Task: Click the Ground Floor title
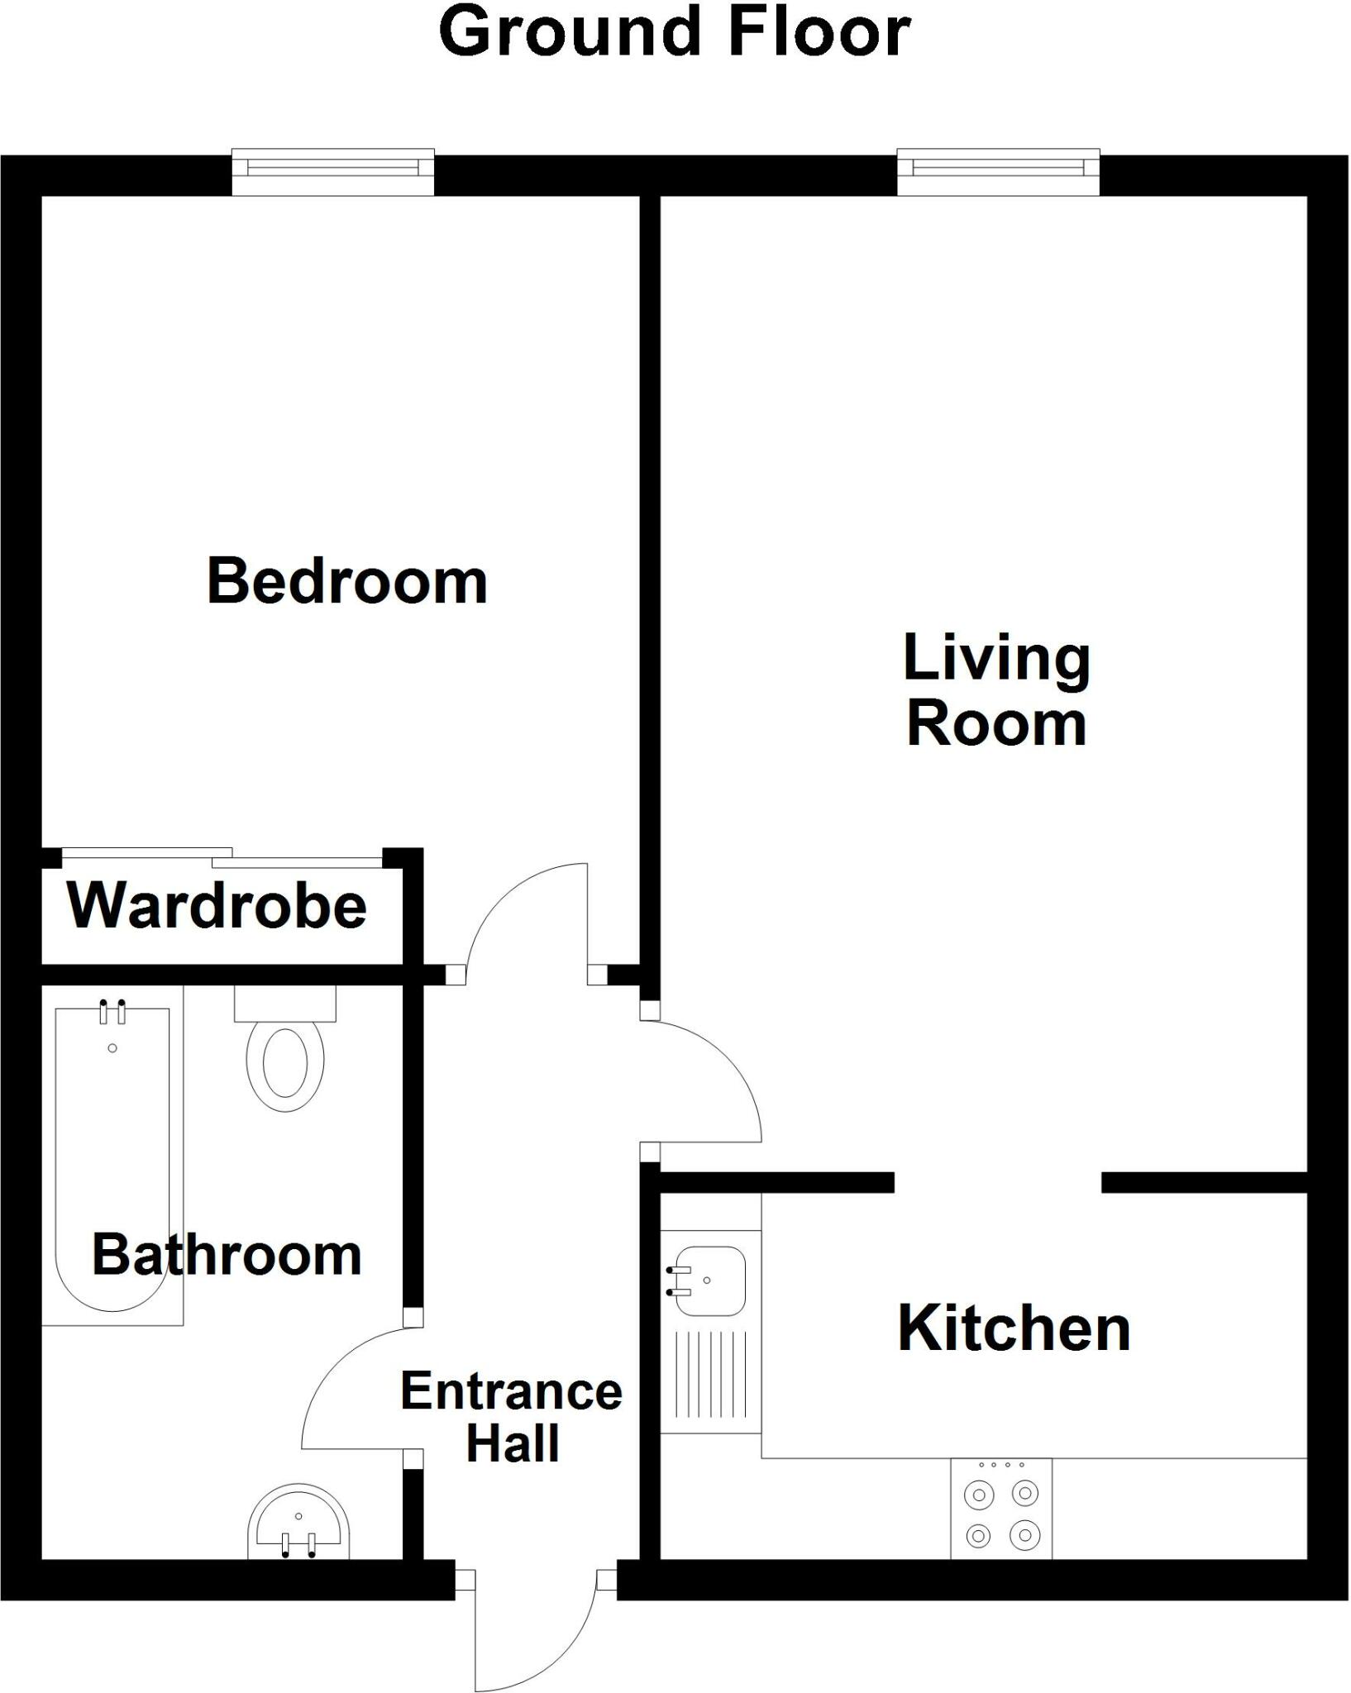[x=675, y=33]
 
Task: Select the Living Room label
[x=996, y=690]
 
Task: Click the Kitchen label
[x=1014, y=1329]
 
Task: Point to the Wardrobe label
[x=217, y=906]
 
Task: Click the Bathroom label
[x=227, y=1254]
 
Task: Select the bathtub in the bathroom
[x=112, y=1157]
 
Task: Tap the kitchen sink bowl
[x=709, y=1281]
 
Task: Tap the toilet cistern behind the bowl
[x=285, y=1004]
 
